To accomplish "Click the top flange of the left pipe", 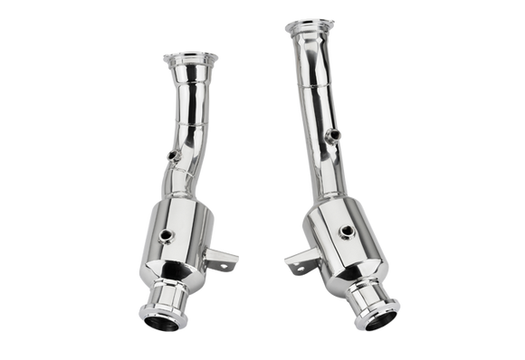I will point(190,59).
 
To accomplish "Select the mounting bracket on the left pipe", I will point(220,261).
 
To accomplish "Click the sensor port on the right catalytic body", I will point(346,233).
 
